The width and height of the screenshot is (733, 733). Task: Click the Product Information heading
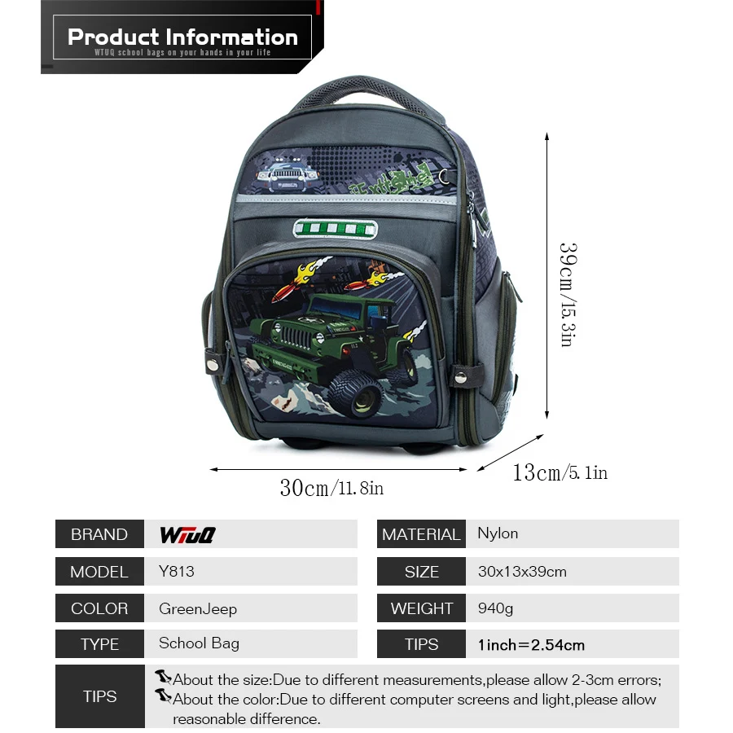182,37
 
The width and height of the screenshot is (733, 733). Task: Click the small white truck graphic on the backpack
287,176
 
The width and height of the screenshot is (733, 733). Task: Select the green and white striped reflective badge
336,229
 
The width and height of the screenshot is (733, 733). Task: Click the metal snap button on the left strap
213,364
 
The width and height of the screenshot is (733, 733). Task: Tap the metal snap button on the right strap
461,377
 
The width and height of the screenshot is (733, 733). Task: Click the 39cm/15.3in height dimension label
568,295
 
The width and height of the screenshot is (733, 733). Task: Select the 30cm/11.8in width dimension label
331,488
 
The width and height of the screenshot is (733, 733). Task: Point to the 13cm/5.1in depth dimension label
560,472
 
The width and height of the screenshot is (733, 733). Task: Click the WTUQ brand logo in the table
187,535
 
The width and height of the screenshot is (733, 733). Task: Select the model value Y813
176,571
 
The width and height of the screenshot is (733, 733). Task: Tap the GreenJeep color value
198,609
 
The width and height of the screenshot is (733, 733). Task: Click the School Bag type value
199,643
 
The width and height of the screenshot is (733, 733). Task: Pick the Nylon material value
498,533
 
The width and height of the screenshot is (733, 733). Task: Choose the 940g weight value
495,608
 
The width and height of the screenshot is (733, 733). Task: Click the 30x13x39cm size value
522,572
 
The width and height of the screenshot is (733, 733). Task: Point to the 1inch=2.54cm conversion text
531,645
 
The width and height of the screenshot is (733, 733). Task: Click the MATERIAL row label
421,534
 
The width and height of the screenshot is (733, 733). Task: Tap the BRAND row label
99,534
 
